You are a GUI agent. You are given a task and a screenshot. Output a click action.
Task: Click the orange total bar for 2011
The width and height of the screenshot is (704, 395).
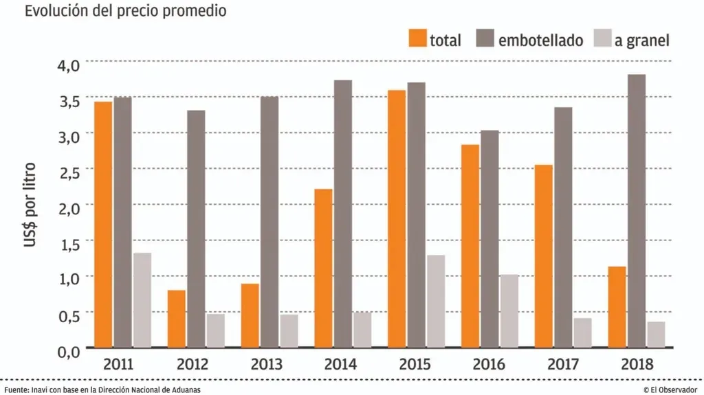[x=104, y=224]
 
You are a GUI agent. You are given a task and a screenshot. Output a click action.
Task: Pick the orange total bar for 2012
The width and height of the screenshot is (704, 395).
[x=177, y=319]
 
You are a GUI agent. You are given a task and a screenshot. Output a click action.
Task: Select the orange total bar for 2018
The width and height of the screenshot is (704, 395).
[x=618, y=306]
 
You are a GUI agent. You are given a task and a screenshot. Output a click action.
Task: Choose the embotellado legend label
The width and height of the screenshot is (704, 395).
[x=540, y=40]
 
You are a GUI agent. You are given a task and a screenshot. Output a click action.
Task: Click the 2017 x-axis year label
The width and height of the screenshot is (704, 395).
[x=563, y=364]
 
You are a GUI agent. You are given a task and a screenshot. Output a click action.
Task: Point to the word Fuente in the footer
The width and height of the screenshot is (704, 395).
[x=14, y=390]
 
